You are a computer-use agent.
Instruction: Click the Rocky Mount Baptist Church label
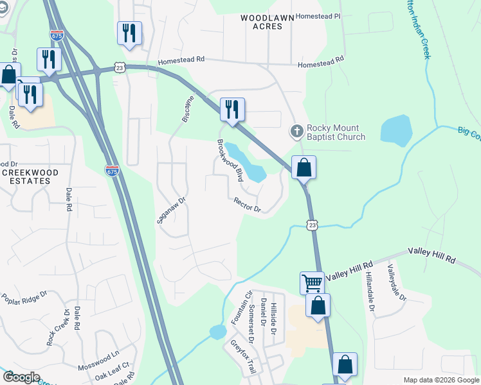[336, 132]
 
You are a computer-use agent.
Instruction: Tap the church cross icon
[296, 131]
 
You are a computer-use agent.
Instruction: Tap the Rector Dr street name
[248, 205]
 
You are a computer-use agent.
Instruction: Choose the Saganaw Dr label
[171, 210]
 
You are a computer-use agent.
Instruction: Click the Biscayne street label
[185, 108]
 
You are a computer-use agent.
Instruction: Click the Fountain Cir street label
[244, 307]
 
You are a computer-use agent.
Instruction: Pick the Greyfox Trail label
[244, 357]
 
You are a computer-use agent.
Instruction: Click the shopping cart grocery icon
[312, 282]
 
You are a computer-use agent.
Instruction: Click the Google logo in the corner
[21, 377]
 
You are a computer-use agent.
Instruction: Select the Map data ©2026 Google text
[440, 380]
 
